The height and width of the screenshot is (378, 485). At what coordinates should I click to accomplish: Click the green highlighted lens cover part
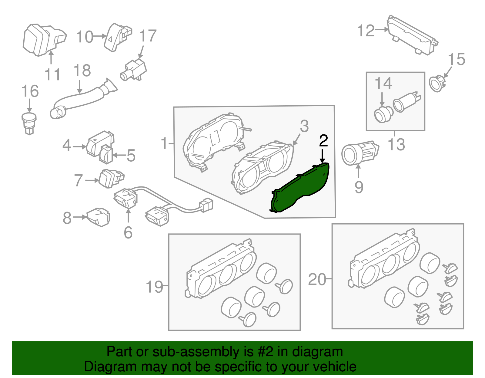300,188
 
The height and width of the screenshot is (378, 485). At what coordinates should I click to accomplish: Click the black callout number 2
323,141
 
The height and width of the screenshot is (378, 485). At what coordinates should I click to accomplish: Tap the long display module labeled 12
412,36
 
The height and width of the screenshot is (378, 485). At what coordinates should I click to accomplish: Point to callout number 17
148,36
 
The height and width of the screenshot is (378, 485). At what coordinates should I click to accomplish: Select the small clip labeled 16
29,123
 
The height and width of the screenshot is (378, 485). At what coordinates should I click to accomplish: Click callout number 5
131,156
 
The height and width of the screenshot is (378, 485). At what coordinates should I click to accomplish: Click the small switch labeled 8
99,217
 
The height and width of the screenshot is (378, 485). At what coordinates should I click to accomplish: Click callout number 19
154,286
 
